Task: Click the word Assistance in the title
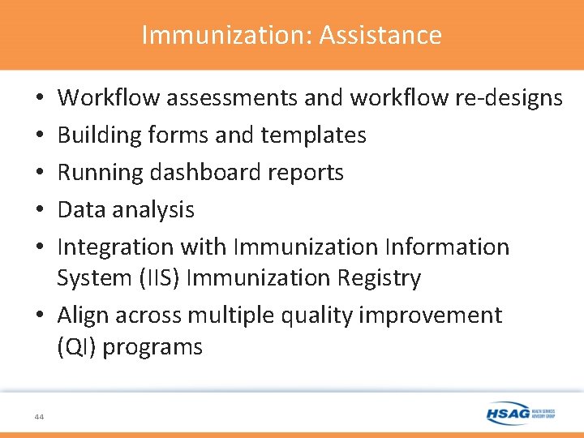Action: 380,35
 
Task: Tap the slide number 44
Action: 40,416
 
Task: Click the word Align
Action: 84,315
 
